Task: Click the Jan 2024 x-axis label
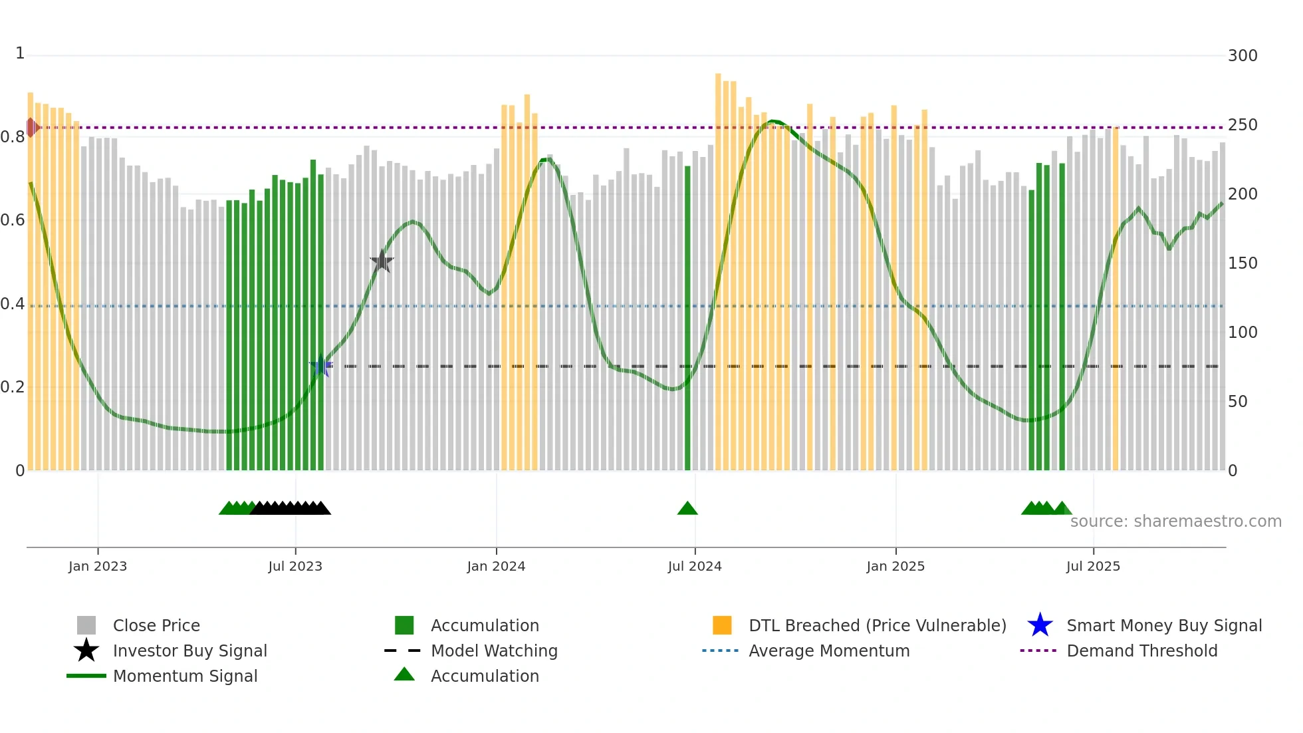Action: tap(496, 566)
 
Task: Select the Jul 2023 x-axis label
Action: tap(295, 566)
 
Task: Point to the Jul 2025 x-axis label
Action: tap(1093, 566)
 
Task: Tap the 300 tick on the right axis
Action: tap(1242, 55)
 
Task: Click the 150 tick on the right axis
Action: tap(1242, 263)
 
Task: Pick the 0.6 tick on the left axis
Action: tap(13, 220)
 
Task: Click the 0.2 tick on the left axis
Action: tap(13, 386)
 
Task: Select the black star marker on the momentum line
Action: tap(382, 261)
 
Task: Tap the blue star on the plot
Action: tap(321, 365)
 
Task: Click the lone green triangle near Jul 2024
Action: tap(687, 509)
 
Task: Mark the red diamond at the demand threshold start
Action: tap(31, 127)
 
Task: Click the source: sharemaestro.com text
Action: tap(1175, 521)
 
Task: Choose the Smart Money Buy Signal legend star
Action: tap(1040, 625)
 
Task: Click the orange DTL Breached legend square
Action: tap(722, 625)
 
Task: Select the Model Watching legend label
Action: tap(494, 651)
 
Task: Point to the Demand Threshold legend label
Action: tap(1141, 651)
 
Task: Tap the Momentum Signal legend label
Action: tap(185, 676)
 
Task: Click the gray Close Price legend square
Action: tap(86, 625)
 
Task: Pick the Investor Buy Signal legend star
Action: tap(86, 651)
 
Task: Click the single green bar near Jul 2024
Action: tap(687, 319)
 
